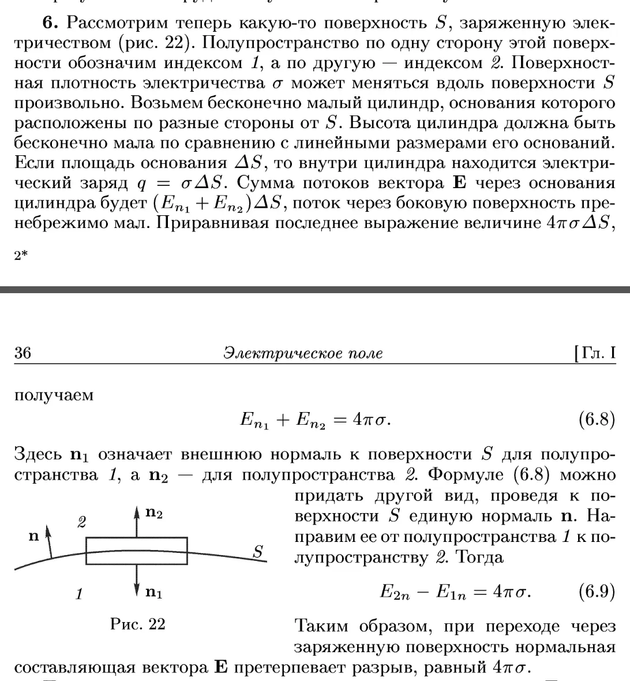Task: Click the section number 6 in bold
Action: click(50, 23)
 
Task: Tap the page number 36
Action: click(22, 353)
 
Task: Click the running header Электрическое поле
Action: click(303, 353)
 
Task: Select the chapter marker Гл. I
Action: click(594, 353)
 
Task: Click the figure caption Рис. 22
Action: click(138, 624)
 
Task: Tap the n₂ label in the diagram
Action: click(154, 514)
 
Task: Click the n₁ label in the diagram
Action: click(153, 592)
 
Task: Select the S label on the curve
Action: click(258, 552)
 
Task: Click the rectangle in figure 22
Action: click(137, 551)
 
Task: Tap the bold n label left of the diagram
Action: click(33, 536)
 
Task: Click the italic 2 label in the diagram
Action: click(82, 523)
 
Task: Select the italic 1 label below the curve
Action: click(79, 594)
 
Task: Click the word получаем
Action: click(54, 395)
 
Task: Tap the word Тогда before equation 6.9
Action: click(479, 557)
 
